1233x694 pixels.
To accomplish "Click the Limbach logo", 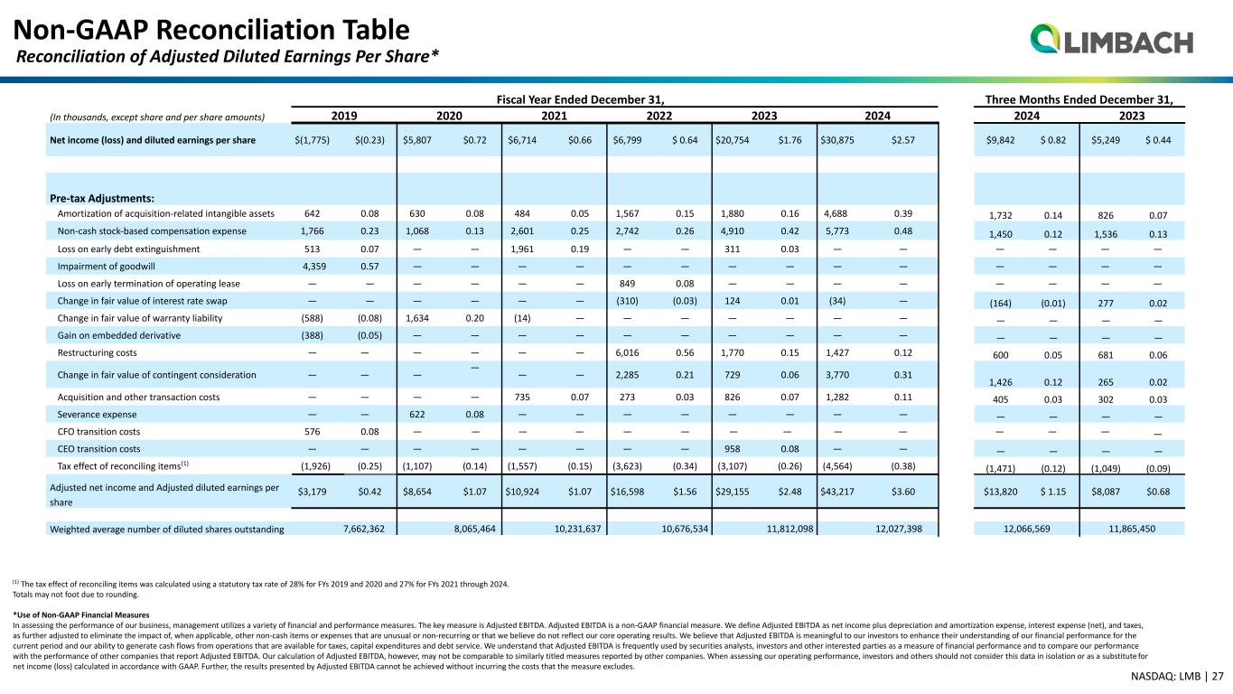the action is pyautogui.click(x=1111, y=40).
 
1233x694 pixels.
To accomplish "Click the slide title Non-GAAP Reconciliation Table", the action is pyautogui.click(x=211, y=30).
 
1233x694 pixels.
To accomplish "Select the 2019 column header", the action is pyautogui.click(x=344, y=116).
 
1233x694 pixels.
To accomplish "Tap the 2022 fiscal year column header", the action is pyautogui.click(x=659, y=116).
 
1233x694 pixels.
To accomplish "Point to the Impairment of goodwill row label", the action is pyautogui.click(x=107, y=267).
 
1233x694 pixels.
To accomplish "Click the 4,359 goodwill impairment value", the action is pyautogui.click(x=314, y=267).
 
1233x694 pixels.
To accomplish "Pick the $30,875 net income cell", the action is pyautogui.click(x=837, y=140).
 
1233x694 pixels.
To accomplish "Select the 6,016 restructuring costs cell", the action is pyautogui.click(x=627, y=352).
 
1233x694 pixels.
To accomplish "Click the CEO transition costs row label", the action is pyautogui.click(x=99, y=449).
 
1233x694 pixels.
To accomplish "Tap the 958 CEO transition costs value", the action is pyautogui.click(x=732, y=449).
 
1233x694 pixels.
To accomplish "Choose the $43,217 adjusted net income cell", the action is pyautogui.click(x=837, y=492).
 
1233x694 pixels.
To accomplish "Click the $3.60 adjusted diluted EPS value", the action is pyautogui.click(x=903, y=492).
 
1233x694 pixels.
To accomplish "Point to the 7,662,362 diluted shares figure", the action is pyautogui.click(x=364, y=529).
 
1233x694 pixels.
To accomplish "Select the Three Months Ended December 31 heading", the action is pyautogui.click(x=1079, y=99).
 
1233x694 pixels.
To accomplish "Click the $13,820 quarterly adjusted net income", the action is pyautogui.click(x=1000, y=492).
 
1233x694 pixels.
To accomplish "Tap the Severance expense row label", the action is pyautogui.click(x=98, y=414).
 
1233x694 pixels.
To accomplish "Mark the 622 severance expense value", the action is pyautogui.click(x=416, y=414).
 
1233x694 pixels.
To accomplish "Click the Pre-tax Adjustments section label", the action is pyautogui.click(x=102, y=198).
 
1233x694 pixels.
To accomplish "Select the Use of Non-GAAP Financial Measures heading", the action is pyautogui.click(x=81, y=614).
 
